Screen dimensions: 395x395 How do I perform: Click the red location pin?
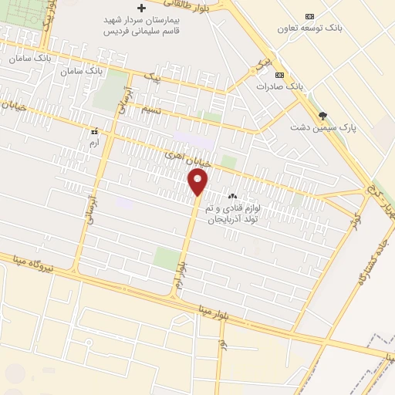point(198,183)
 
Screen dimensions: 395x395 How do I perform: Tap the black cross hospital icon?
point(140,7)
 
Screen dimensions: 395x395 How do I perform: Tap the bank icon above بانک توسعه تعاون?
point(310,16)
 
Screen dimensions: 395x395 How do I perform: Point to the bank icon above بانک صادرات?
point(279,75)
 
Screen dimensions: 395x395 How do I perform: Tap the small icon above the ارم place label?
point(95,131)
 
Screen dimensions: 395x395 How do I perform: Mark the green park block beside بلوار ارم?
point(167,258)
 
